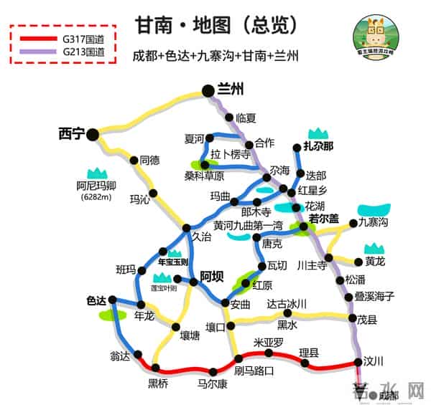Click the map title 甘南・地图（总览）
(215, 24)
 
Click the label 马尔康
(213, 383)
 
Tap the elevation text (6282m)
(96, 197)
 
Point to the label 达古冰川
(287, 303)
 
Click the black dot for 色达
(113, 300)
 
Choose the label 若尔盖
(323, 219)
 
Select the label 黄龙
(375, 261)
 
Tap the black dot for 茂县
(352, 318)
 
